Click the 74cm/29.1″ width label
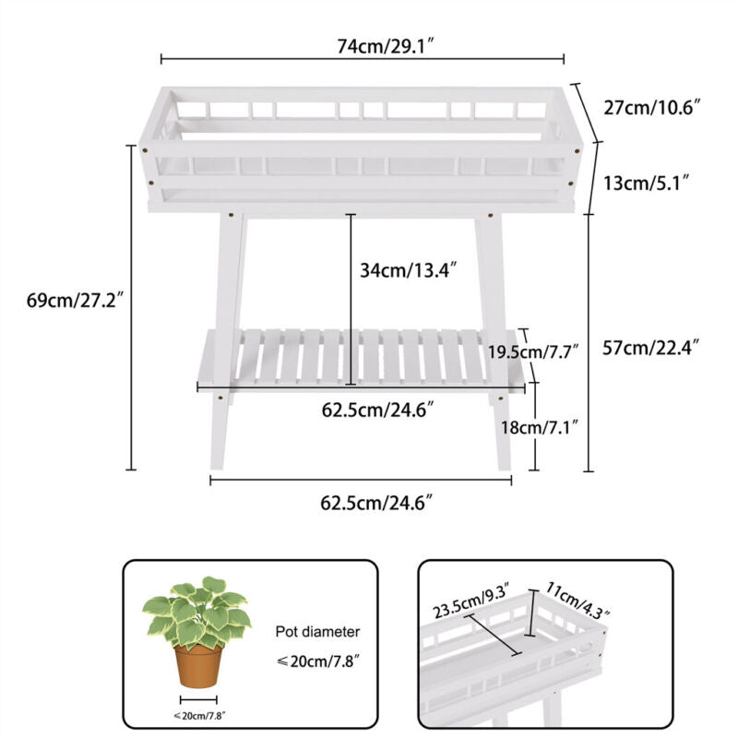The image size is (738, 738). point(385,47)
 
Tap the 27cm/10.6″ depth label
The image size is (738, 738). point(652,108)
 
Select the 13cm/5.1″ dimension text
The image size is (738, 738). point(647,183)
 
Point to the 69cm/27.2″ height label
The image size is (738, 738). point(75,300)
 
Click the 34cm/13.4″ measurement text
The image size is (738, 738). point(408,270)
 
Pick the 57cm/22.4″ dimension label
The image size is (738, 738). point(650,348)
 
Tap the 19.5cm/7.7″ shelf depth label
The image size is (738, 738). point(532,351)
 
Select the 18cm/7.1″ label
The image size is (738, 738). point(539,427)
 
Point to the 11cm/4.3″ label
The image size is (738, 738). point(577,600)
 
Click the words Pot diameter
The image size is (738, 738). point(317,632)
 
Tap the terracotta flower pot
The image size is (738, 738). point(198,666)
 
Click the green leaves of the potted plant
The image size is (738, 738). point(196,612)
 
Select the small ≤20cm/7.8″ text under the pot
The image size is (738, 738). point(199,716)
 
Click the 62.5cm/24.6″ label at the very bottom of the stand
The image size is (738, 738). point(376,503)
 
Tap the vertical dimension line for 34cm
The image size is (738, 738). point(351,299)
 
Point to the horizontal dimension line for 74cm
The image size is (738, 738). point(363,59)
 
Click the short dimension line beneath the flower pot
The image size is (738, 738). point(198,700)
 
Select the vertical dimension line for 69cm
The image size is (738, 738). point(131,307)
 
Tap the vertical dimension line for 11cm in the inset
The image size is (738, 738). point(531,613)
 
